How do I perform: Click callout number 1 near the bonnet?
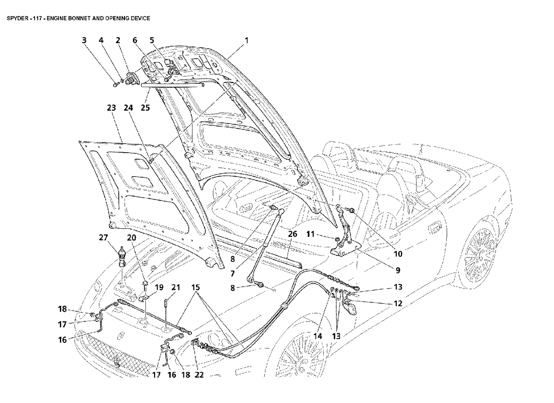click(247, 40)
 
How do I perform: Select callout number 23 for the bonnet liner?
click(111, 108)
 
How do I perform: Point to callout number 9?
click(398, 270)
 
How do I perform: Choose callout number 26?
click(293, 234)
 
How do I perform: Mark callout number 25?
click(146, 107)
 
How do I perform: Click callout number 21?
click(176, 287)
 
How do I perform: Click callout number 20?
click(131, 238)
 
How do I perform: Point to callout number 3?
click(84, 40)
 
